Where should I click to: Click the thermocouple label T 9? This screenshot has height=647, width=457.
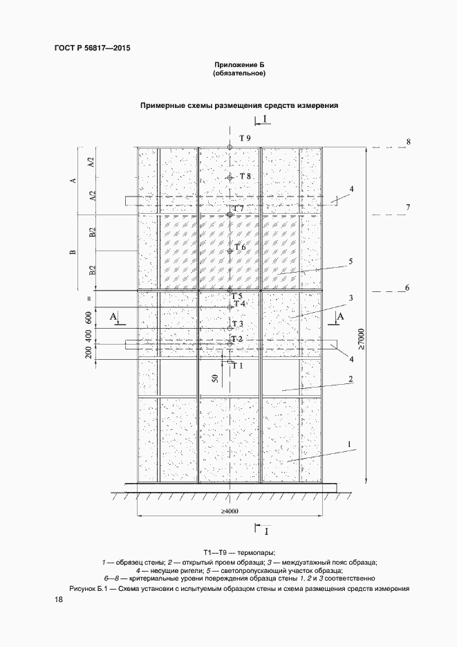pos(245,138)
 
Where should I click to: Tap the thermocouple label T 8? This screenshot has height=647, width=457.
pos(245,176)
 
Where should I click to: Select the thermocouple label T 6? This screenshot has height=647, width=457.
pos(240,247)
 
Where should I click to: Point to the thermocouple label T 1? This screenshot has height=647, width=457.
pos(239,365)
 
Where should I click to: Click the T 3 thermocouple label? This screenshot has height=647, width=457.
pos(238,324)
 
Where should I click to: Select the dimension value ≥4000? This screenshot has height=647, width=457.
pos(230,511)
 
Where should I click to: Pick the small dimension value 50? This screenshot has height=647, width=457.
pos(216,379)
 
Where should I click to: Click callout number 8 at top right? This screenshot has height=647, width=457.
pos(409,142)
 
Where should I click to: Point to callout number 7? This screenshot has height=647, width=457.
pos(409,208)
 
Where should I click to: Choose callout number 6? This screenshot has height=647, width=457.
pos(407,288)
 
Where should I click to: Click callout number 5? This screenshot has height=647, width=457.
pos(351,261)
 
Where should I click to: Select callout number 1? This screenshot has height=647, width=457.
pos(351,444)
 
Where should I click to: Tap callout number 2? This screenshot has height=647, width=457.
pos(351,379)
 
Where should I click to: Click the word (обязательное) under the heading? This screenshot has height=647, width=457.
pos(239,73)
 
